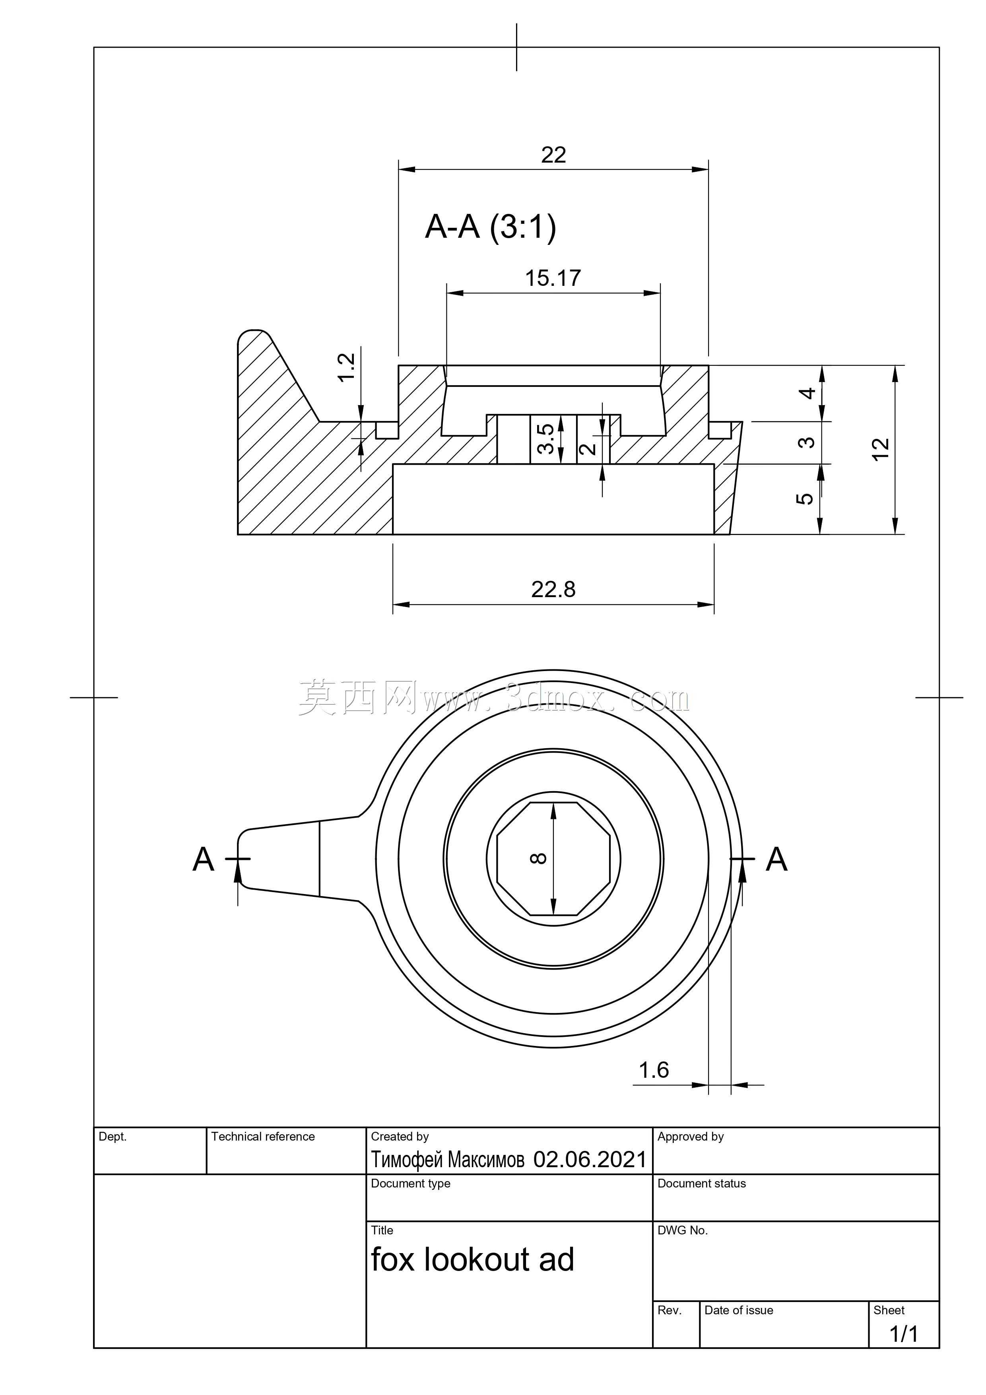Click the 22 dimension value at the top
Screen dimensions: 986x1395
(553, 155)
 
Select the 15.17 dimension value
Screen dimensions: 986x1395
(553, 278)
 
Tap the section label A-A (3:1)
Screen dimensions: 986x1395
(490, 227)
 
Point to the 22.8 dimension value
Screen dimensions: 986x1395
(553, 589)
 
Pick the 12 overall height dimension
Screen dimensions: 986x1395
(880, 449)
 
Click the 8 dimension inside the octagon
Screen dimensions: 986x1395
(539, 858)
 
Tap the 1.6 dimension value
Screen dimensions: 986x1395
(654, 1070)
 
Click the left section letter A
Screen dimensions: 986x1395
(204, 859)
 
